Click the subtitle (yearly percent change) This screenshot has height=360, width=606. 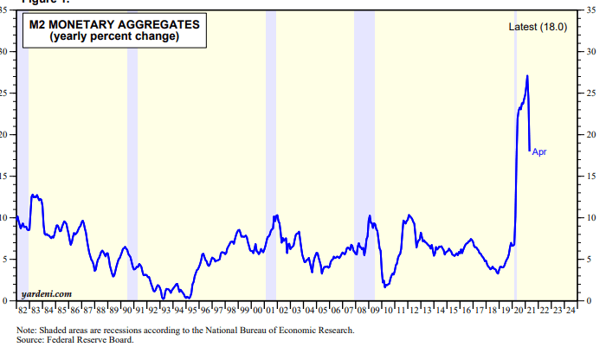(x=113, y=37)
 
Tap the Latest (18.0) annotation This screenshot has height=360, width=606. (x=538, y=28)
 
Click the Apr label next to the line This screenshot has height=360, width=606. (x=539, y=152)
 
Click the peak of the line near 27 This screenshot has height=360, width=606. (x=527, y=76)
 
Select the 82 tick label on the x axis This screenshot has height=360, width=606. (x=22, y=309)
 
